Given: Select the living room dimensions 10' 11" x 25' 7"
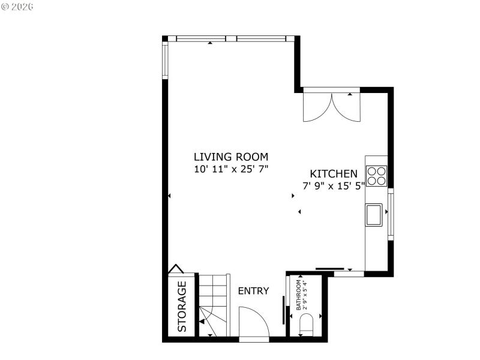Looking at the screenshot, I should click(230, 169).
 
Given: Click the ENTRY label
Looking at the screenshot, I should click(253, 291).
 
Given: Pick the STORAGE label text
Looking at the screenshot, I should click(182, 306).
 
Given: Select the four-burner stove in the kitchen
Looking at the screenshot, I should click(377, 175).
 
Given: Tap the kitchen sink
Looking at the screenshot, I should click(374, 215).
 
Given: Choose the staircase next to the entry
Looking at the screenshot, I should click(214, 306).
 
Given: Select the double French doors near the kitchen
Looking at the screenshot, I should click(331, 105).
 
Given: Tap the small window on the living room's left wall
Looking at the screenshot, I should click(165, 60).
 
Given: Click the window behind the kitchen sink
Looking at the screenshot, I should click(391, 215).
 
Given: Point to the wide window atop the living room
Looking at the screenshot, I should click(231, 38).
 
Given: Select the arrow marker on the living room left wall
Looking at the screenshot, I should click(170, 196).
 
